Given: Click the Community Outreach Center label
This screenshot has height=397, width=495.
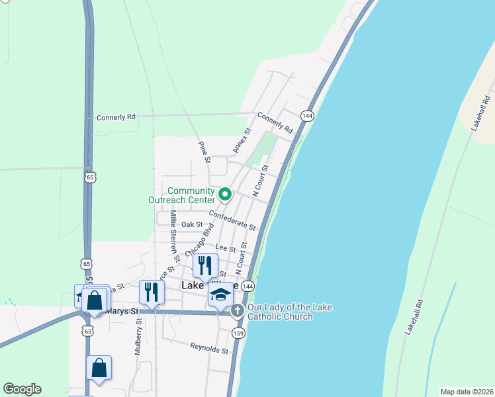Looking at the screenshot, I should point(191,195).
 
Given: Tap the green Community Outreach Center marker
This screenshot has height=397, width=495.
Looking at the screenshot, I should point(225,195).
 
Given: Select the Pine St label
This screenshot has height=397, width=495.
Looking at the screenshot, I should point(205,152).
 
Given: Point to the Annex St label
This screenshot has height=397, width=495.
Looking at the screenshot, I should point(240,140).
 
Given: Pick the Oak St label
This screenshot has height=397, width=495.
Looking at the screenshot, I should point(192,225).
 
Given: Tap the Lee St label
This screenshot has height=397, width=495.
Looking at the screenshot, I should point(227,249).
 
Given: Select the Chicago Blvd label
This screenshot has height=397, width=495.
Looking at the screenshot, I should point(200,241).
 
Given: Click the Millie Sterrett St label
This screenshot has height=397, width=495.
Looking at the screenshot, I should point(174,228).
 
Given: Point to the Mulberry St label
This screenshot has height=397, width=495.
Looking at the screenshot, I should point(138,337).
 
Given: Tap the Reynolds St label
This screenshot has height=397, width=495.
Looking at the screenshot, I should point(209,347).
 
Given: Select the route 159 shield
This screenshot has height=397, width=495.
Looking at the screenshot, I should point(239,333).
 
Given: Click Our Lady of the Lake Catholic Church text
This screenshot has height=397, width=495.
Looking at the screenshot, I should point(290,312).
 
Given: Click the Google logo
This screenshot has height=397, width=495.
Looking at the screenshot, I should point(22,389).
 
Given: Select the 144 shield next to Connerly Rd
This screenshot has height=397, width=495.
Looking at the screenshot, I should point(306,115).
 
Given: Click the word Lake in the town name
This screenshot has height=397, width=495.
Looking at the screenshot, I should point(193,285).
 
